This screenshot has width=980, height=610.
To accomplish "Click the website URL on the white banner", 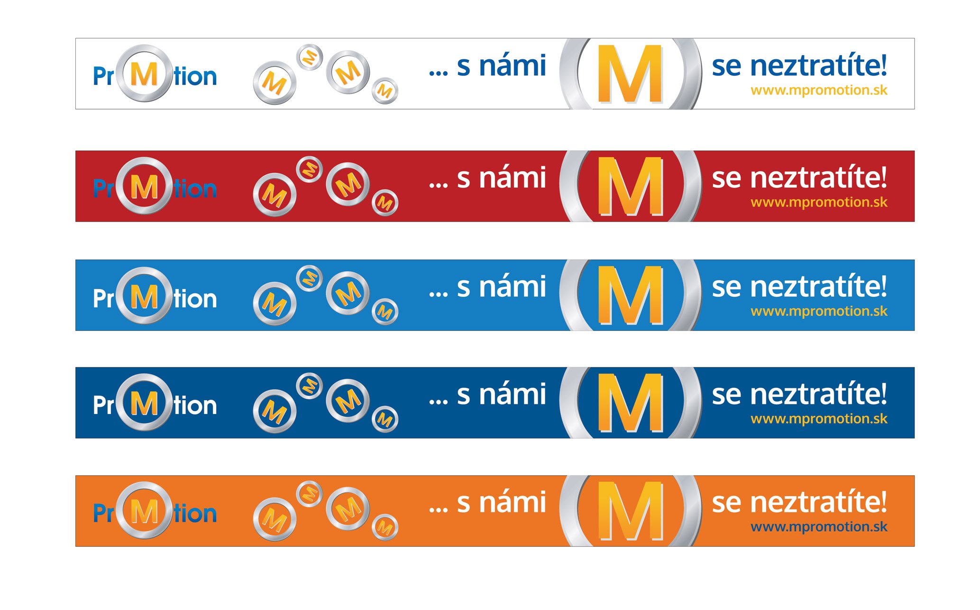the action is click(819, 91).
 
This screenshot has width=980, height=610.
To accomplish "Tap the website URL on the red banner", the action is click(819, 203).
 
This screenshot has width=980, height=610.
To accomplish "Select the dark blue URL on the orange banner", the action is click(819, 527).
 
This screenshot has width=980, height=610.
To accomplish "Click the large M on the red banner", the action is click(630, 186).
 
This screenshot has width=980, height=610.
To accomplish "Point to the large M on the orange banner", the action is click(630, 511).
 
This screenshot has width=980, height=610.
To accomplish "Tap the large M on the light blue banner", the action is click(630, 295).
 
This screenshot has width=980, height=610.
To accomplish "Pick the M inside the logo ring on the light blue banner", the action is click(144, 297).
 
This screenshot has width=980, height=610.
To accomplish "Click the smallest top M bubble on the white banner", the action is click(310, 57).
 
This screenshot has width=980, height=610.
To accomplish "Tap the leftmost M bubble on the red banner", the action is click(275, 195).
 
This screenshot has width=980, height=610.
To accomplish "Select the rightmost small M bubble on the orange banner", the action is click(385, 527).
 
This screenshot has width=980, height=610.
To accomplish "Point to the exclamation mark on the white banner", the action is click(883, 65).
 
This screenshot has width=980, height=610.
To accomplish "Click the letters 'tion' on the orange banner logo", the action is click(195, 513).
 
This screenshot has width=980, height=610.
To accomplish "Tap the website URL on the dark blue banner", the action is click(819, 419).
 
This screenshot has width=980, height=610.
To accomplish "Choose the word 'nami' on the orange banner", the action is click(513, 502).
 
